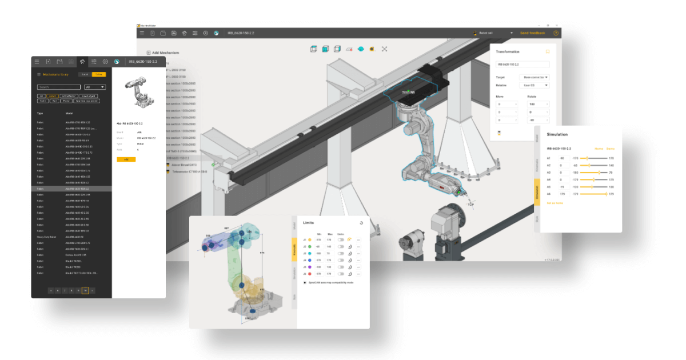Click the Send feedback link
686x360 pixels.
(x=532, y=33)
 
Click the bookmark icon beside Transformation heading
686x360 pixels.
(x=547, y=51)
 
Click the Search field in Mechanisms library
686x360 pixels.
(x=58, y=87)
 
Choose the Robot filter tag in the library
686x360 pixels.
(x=53, y=96)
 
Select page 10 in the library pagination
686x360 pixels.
(x=85, y=290)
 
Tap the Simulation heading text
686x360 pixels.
(x=557, y=134)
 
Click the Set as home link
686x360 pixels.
(x=555, y=203)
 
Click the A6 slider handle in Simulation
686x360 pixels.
(x=605, y=194)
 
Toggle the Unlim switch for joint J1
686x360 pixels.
(x=341, y=239)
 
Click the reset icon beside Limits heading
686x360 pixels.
(x=361, y=223)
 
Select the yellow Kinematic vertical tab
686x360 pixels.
(x=294, y=249)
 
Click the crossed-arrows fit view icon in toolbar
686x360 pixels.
(x=384, y=49)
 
